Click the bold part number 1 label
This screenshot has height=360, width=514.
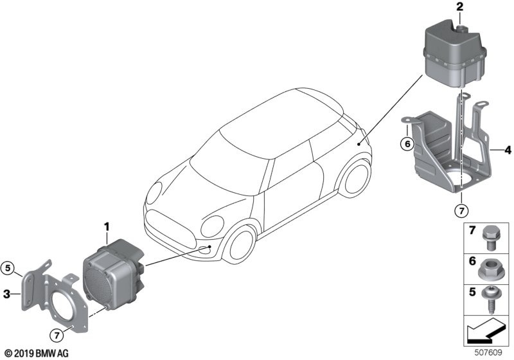click(107, 227)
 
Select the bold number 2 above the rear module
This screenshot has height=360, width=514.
click(460, 7)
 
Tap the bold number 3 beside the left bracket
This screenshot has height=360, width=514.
click(6, 294)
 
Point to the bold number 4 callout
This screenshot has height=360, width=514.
click(508, 150)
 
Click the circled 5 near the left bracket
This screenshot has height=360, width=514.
click(8, 268)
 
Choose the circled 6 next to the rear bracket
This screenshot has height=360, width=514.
click(407, 143)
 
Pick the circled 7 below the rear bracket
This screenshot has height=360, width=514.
click(461, 211)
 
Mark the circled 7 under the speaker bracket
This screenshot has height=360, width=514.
click(57, 336)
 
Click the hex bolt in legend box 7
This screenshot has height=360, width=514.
click(490, 238)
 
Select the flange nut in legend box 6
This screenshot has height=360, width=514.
click(489, 271)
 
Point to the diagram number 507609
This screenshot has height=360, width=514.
click(488, 352)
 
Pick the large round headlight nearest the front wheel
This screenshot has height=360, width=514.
click(212, 226)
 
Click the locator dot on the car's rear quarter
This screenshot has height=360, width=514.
click(359, 144)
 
